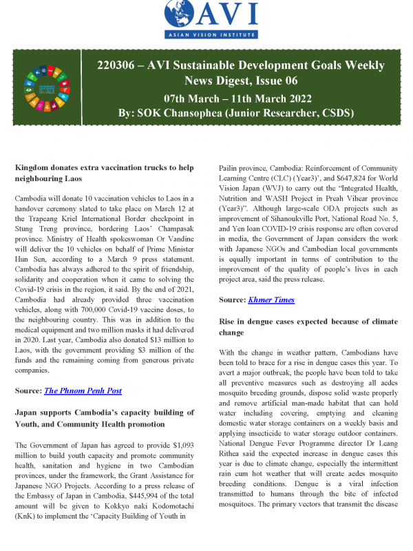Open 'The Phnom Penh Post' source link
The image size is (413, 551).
pyautogui.click(x=83, y=391)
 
